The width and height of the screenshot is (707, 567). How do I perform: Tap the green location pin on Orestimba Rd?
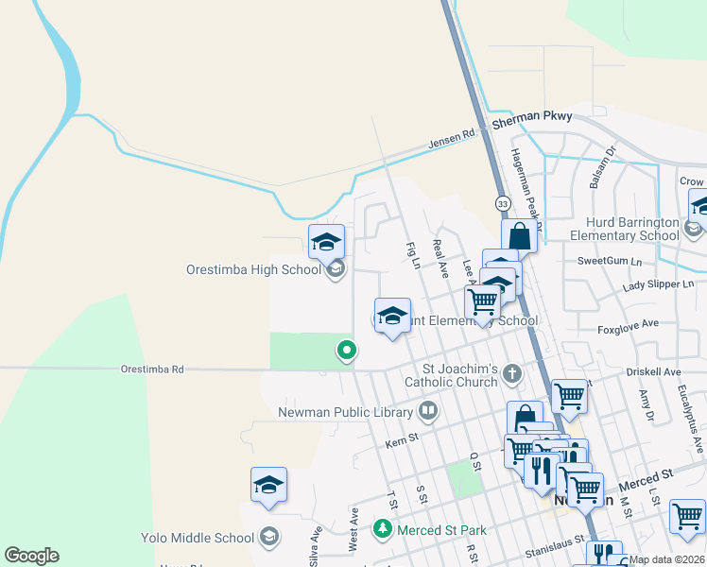[x=347, y=351]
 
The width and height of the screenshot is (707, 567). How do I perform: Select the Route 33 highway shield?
[x=501, y=204]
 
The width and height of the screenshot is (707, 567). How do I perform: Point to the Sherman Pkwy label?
[x=531, y=116]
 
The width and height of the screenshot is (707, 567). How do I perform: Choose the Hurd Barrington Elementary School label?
[x=625, y=229]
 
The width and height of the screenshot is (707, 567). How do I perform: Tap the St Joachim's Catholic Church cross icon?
[x=512, y=373]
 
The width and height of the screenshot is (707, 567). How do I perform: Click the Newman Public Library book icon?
[x=428, y=411]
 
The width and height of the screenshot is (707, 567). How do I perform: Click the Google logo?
[x=31, y=556]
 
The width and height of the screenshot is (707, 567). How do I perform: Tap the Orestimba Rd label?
[x=151, y=369]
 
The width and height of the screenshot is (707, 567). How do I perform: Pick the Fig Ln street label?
[x=412, y=255]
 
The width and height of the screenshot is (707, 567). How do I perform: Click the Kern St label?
[x=402, y=442]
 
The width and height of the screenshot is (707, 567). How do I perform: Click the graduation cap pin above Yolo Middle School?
[x=268, y=485]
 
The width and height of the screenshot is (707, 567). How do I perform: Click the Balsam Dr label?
[x=602, y=166]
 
